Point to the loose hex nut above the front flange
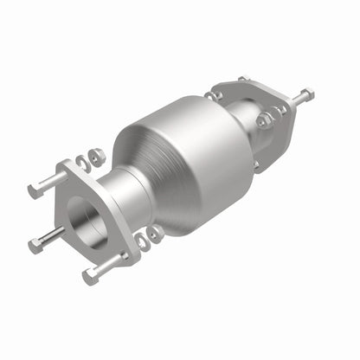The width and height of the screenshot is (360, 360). (x=97, y=155)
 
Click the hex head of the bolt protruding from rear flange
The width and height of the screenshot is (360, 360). (x=307, y=94)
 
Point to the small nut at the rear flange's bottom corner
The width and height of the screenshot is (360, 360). (x=256, y=164)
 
